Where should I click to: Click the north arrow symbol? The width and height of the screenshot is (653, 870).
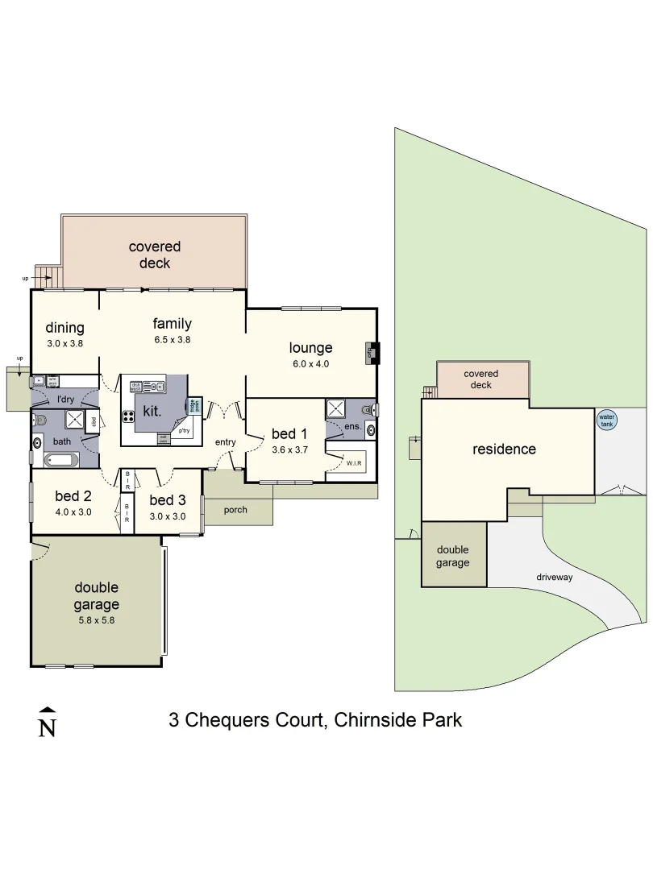click(x=48, y=722)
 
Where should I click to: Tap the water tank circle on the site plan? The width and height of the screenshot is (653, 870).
click(x=606, y=420)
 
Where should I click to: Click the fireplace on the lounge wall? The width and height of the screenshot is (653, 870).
click(x=374, y=352)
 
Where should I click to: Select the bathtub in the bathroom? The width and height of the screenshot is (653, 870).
click(x=60, y=462)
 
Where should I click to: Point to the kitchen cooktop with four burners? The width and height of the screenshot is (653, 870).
click(x=128, y=416)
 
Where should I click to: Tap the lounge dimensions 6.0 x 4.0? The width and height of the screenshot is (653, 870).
click(x=310, y=363)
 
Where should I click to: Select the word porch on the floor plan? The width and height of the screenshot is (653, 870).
click(x=235, y=509)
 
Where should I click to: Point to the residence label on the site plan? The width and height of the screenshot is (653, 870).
click(x=504, y=449)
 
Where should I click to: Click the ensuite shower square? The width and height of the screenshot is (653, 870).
click(x=336, y=409)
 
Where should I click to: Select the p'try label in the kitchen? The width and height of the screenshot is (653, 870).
click(x=185, y=431)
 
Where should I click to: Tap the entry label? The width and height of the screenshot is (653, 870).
click(x=225, y=442)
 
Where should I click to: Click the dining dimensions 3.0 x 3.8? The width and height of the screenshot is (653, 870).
click(x=64, y=342)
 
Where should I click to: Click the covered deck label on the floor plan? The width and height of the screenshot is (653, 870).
click(x=154, y=255)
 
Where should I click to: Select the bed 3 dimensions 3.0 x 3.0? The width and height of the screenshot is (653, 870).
click(x=168, y=516)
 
